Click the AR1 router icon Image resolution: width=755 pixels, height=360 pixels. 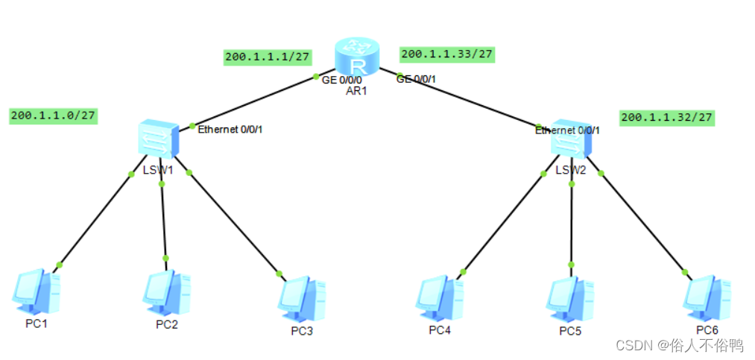[x=357, y=54]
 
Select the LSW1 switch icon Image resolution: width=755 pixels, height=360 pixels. [x=157, y=139]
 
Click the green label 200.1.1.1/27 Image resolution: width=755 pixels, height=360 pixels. [x=268, y=57]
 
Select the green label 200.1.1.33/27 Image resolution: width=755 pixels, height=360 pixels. [x=447, y=54]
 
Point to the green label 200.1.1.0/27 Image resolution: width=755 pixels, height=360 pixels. [x=54, y=116]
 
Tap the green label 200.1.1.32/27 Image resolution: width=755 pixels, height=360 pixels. [x=667, y=117]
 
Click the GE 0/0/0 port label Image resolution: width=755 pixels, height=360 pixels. [x=342, y=80]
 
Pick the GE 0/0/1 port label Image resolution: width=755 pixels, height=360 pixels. [x=416, y=78]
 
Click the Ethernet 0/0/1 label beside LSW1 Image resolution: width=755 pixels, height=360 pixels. [x=230, y=130]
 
